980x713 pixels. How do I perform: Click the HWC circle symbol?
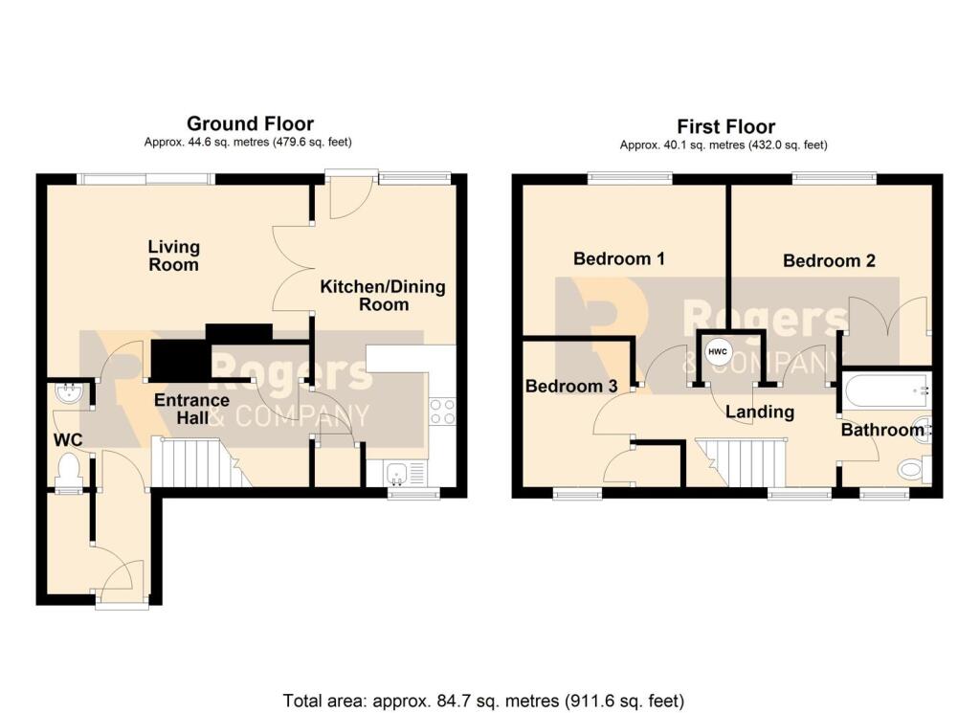(718, 352)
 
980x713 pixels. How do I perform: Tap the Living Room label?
(174, 256)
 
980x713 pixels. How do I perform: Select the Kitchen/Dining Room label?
(383, 296)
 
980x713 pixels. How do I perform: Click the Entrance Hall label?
(191, 409)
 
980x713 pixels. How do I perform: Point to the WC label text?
(68, 440)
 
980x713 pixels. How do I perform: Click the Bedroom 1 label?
(619, 258)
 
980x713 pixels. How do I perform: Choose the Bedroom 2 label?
(829, 260)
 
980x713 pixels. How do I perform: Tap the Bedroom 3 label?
(571, 387)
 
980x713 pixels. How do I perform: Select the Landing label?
(760, 412)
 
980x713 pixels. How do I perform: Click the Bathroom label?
(882, 430)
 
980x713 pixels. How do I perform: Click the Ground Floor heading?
(250, 123)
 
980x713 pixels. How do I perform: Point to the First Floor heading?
(726, 127)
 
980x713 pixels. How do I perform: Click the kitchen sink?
(396, 473)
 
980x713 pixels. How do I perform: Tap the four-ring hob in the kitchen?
(442, 412)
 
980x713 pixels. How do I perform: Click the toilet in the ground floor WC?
(68, 470)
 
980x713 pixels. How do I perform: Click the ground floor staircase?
(201, 462)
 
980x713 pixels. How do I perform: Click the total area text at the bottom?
(483, 701)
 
